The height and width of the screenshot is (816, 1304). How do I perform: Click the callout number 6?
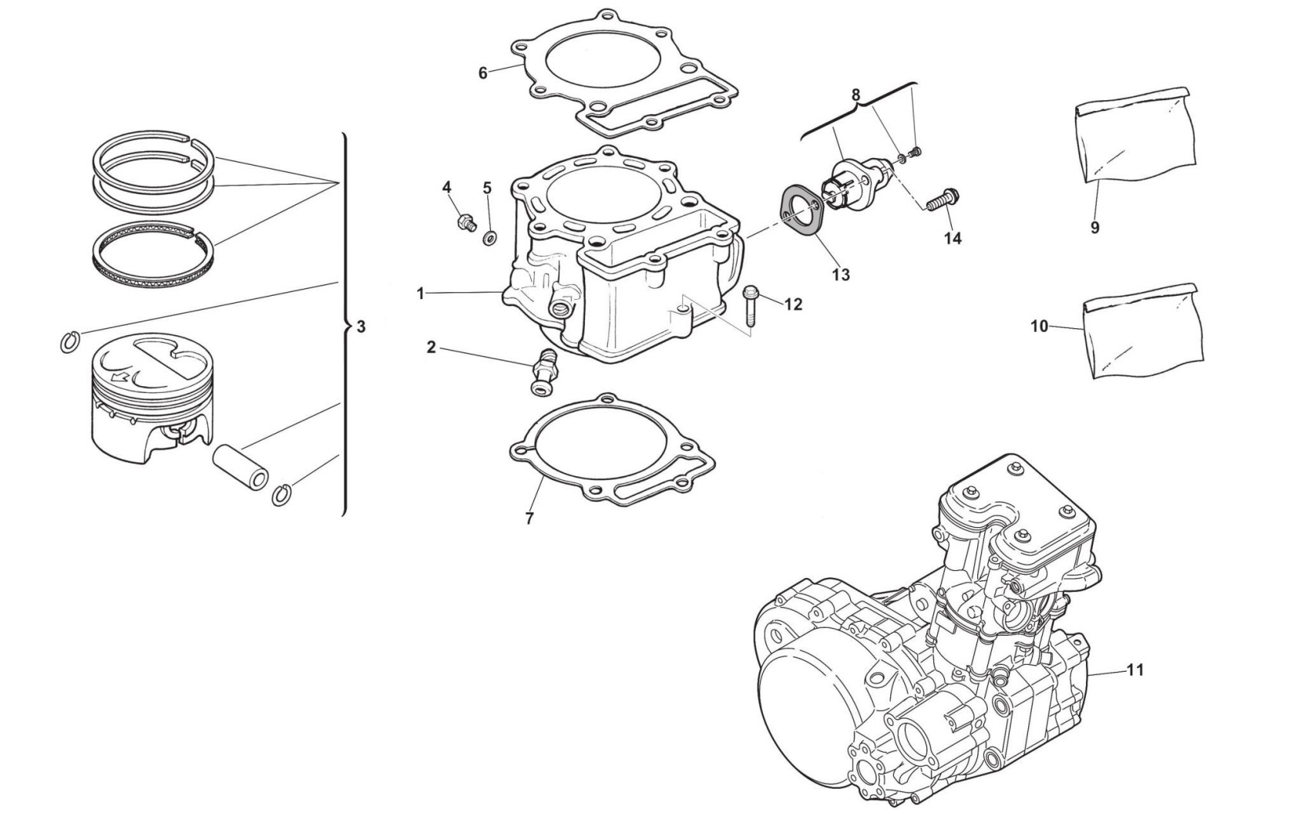pyautogui.click(x=482, y=73)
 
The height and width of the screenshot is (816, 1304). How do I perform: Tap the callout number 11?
pyautogui.click(x=1134, y=670)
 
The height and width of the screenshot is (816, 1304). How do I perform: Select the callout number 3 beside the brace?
pyautogui.click(x=361, y=327)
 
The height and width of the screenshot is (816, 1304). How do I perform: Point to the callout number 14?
pyautogui.click(x=953, y=239)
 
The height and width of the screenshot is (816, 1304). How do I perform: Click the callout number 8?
pyautogui.click(x=855, y=96)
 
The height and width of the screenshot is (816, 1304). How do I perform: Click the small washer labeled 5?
pyautogui.click(x=489, y=238)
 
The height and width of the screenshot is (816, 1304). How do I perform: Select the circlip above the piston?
pyautogui.click(x=69, y=341)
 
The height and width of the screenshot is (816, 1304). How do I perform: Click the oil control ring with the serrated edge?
pyautogui.click(x=152, y=254)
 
